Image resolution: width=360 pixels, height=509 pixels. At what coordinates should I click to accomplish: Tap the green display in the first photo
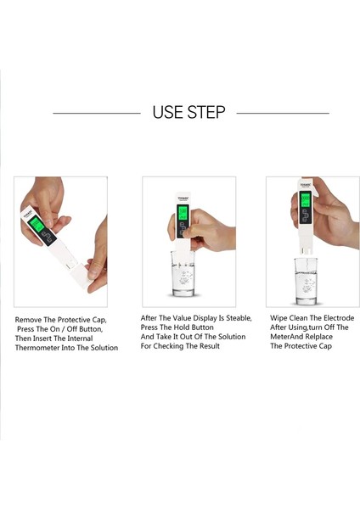36,224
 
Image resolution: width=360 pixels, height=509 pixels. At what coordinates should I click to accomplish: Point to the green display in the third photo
306,199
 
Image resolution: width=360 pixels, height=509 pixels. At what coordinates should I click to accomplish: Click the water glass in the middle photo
183,273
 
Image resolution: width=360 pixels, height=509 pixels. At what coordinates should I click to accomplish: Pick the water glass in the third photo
306,281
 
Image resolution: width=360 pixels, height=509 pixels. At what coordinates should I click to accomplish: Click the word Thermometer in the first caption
35,348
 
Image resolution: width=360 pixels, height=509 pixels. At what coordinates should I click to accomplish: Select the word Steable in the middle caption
239,318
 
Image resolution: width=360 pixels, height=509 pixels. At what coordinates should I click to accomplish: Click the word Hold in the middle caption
183,327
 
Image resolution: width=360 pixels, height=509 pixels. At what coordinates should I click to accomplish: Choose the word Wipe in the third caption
278,318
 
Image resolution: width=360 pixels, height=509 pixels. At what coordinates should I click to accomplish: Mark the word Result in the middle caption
209,346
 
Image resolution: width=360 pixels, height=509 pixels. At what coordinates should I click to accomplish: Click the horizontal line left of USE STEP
97,114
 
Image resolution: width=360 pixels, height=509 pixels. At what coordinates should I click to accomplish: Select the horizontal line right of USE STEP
283,114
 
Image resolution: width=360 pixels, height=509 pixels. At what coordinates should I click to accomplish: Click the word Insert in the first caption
42,338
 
